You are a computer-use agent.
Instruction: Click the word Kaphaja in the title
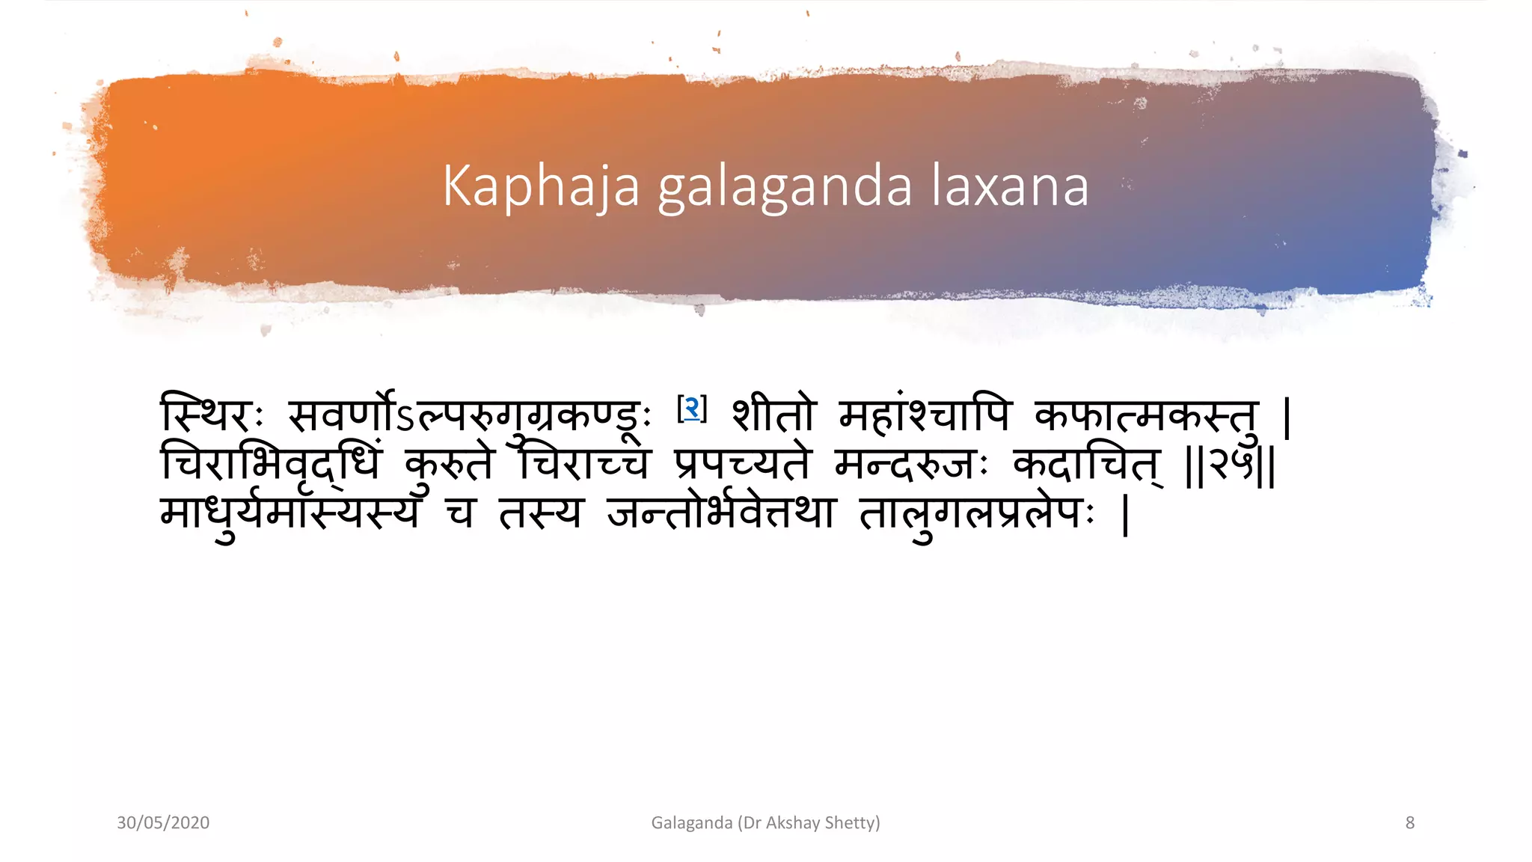541,186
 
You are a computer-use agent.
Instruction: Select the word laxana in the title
1010,186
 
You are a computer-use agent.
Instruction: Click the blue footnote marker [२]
692,409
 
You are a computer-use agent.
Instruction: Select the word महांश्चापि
925,415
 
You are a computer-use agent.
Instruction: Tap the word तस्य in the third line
540,514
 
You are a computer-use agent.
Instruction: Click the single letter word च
459,514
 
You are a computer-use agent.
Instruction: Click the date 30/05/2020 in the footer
163,823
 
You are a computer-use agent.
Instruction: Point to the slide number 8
1410,823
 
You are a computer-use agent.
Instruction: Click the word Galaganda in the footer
691,823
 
